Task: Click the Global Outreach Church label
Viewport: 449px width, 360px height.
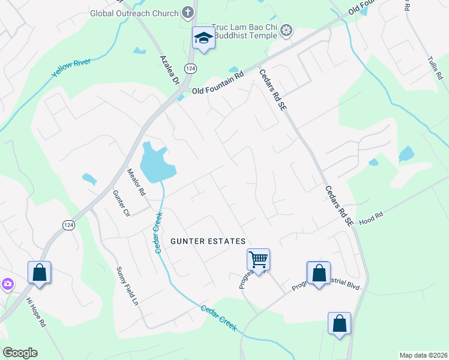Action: point(134,13)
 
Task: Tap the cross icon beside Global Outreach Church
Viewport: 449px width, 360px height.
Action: point(188,13)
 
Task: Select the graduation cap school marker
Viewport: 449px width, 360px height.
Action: point(203,38)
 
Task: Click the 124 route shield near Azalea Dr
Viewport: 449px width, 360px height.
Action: point(190,68)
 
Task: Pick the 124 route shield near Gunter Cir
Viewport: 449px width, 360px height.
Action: point(67,224)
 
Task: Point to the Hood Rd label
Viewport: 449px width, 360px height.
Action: point(371,221)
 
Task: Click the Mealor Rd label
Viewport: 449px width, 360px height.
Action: point(136,182)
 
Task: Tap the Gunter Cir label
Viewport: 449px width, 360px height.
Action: point(121,203)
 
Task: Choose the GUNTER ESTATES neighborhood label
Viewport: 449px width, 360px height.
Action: point(208,241)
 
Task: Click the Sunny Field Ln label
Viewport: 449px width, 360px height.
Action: point(127,287)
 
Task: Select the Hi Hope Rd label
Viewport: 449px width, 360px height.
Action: point(35,312)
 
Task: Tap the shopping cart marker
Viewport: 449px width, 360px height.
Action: point(258,260)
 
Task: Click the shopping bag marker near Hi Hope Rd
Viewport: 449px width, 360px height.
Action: point(39,272)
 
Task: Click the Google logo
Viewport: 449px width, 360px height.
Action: point(20,353)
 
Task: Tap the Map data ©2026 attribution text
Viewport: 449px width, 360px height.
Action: point(423,355)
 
